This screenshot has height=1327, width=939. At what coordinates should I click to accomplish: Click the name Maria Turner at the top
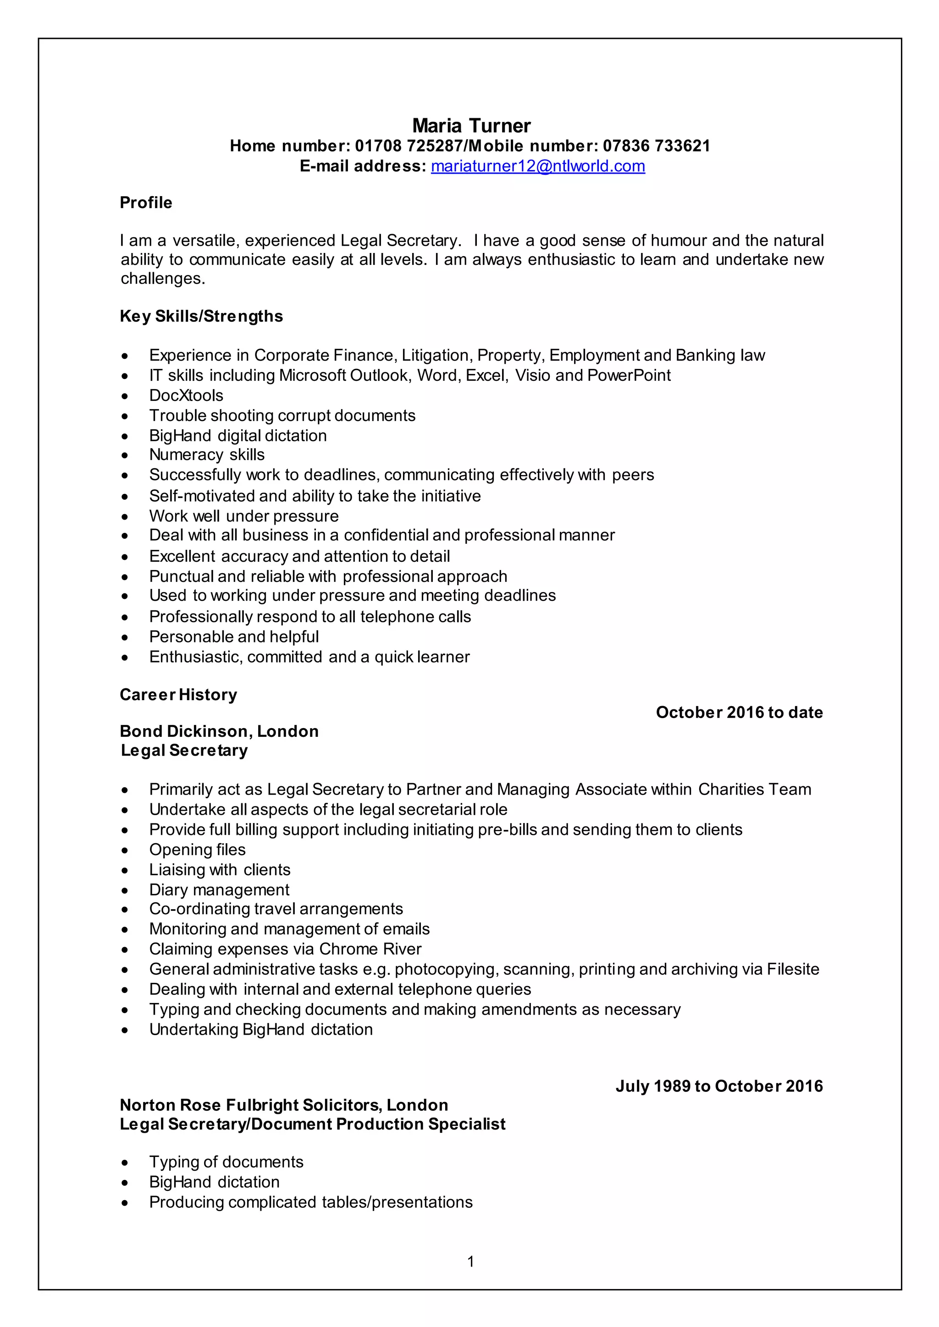pos(471,126)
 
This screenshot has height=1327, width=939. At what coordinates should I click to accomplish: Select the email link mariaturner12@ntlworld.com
pos(538,166)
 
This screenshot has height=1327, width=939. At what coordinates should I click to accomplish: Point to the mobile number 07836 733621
pos(656,146)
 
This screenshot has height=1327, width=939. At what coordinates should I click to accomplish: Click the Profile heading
pos(146,203)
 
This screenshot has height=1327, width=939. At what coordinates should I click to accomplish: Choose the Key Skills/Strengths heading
pos(201,316)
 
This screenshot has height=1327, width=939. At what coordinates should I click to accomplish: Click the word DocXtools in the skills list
pos(186,395)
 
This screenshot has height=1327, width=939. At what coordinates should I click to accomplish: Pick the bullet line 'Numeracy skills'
pos(206,455)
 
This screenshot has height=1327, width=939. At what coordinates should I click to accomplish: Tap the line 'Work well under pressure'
pos(243,516)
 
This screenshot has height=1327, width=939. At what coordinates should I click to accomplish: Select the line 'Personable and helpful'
pos(233,637)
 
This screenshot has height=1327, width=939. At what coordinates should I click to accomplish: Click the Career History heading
pos(178,695)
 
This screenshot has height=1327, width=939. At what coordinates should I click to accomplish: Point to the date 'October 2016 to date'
pos(739,713)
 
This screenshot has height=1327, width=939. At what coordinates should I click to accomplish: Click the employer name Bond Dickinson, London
pos(219,732)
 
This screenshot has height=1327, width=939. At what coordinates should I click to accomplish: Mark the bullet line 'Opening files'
pos(197,850)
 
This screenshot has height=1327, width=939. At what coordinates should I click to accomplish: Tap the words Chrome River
pos(370,949)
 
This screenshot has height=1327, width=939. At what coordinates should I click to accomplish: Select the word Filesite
pos(793,969)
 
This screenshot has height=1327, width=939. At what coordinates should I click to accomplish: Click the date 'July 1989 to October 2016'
pos(719,1086)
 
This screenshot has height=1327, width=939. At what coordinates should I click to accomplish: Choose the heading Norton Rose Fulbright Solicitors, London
pos(284,1105)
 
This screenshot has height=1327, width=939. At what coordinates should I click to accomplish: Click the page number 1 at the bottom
pos(471,1261)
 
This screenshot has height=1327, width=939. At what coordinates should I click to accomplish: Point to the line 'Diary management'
pos(219,890)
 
